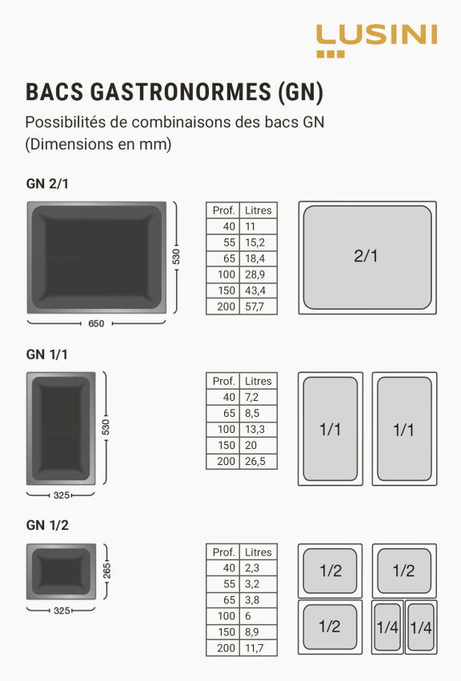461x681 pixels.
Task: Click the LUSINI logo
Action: pyautogui.click(x=376, y=41)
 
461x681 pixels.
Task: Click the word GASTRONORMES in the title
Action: pyautogui.click(x=181, y=92)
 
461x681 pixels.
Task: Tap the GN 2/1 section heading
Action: pyautogui.click(x=47, y=184)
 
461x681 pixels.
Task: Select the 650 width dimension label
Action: pyautogui.click(x=96, y=323)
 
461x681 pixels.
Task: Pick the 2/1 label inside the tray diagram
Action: pyautogui.click(x=366, y=256)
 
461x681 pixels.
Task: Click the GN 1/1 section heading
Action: pyautogui.click(x=47, y=355)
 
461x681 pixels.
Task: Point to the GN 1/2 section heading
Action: pyautogui.click(x=47, y=525)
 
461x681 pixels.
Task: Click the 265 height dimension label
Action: pyautogui.click(x=106, y=571)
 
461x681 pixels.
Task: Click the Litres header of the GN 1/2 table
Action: pyautogui.click(x=258, y=552)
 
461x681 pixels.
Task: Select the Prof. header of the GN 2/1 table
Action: pyautogui.click(x=223, y=210)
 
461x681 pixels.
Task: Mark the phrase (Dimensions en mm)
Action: pyautogui.click(x=98, y=144)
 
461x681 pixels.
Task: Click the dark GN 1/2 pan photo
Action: pyautogui.click(x=62, y=571)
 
